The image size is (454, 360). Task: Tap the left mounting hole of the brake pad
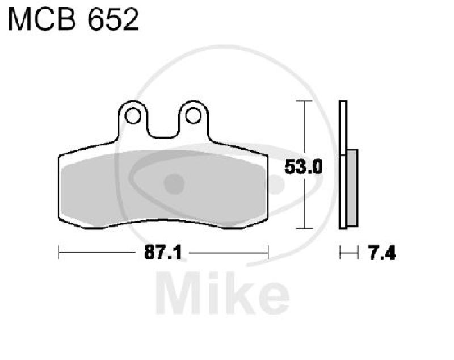(133, 116)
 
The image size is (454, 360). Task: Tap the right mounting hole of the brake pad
(192, 116)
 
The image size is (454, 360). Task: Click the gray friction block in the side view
(352, 187)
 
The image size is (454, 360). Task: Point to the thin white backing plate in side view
(342, 165)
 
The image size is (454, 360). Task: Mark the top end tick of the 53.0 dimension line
(305, 101)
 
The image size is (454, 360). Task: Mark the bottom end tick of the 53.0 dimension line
(305, 229)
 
